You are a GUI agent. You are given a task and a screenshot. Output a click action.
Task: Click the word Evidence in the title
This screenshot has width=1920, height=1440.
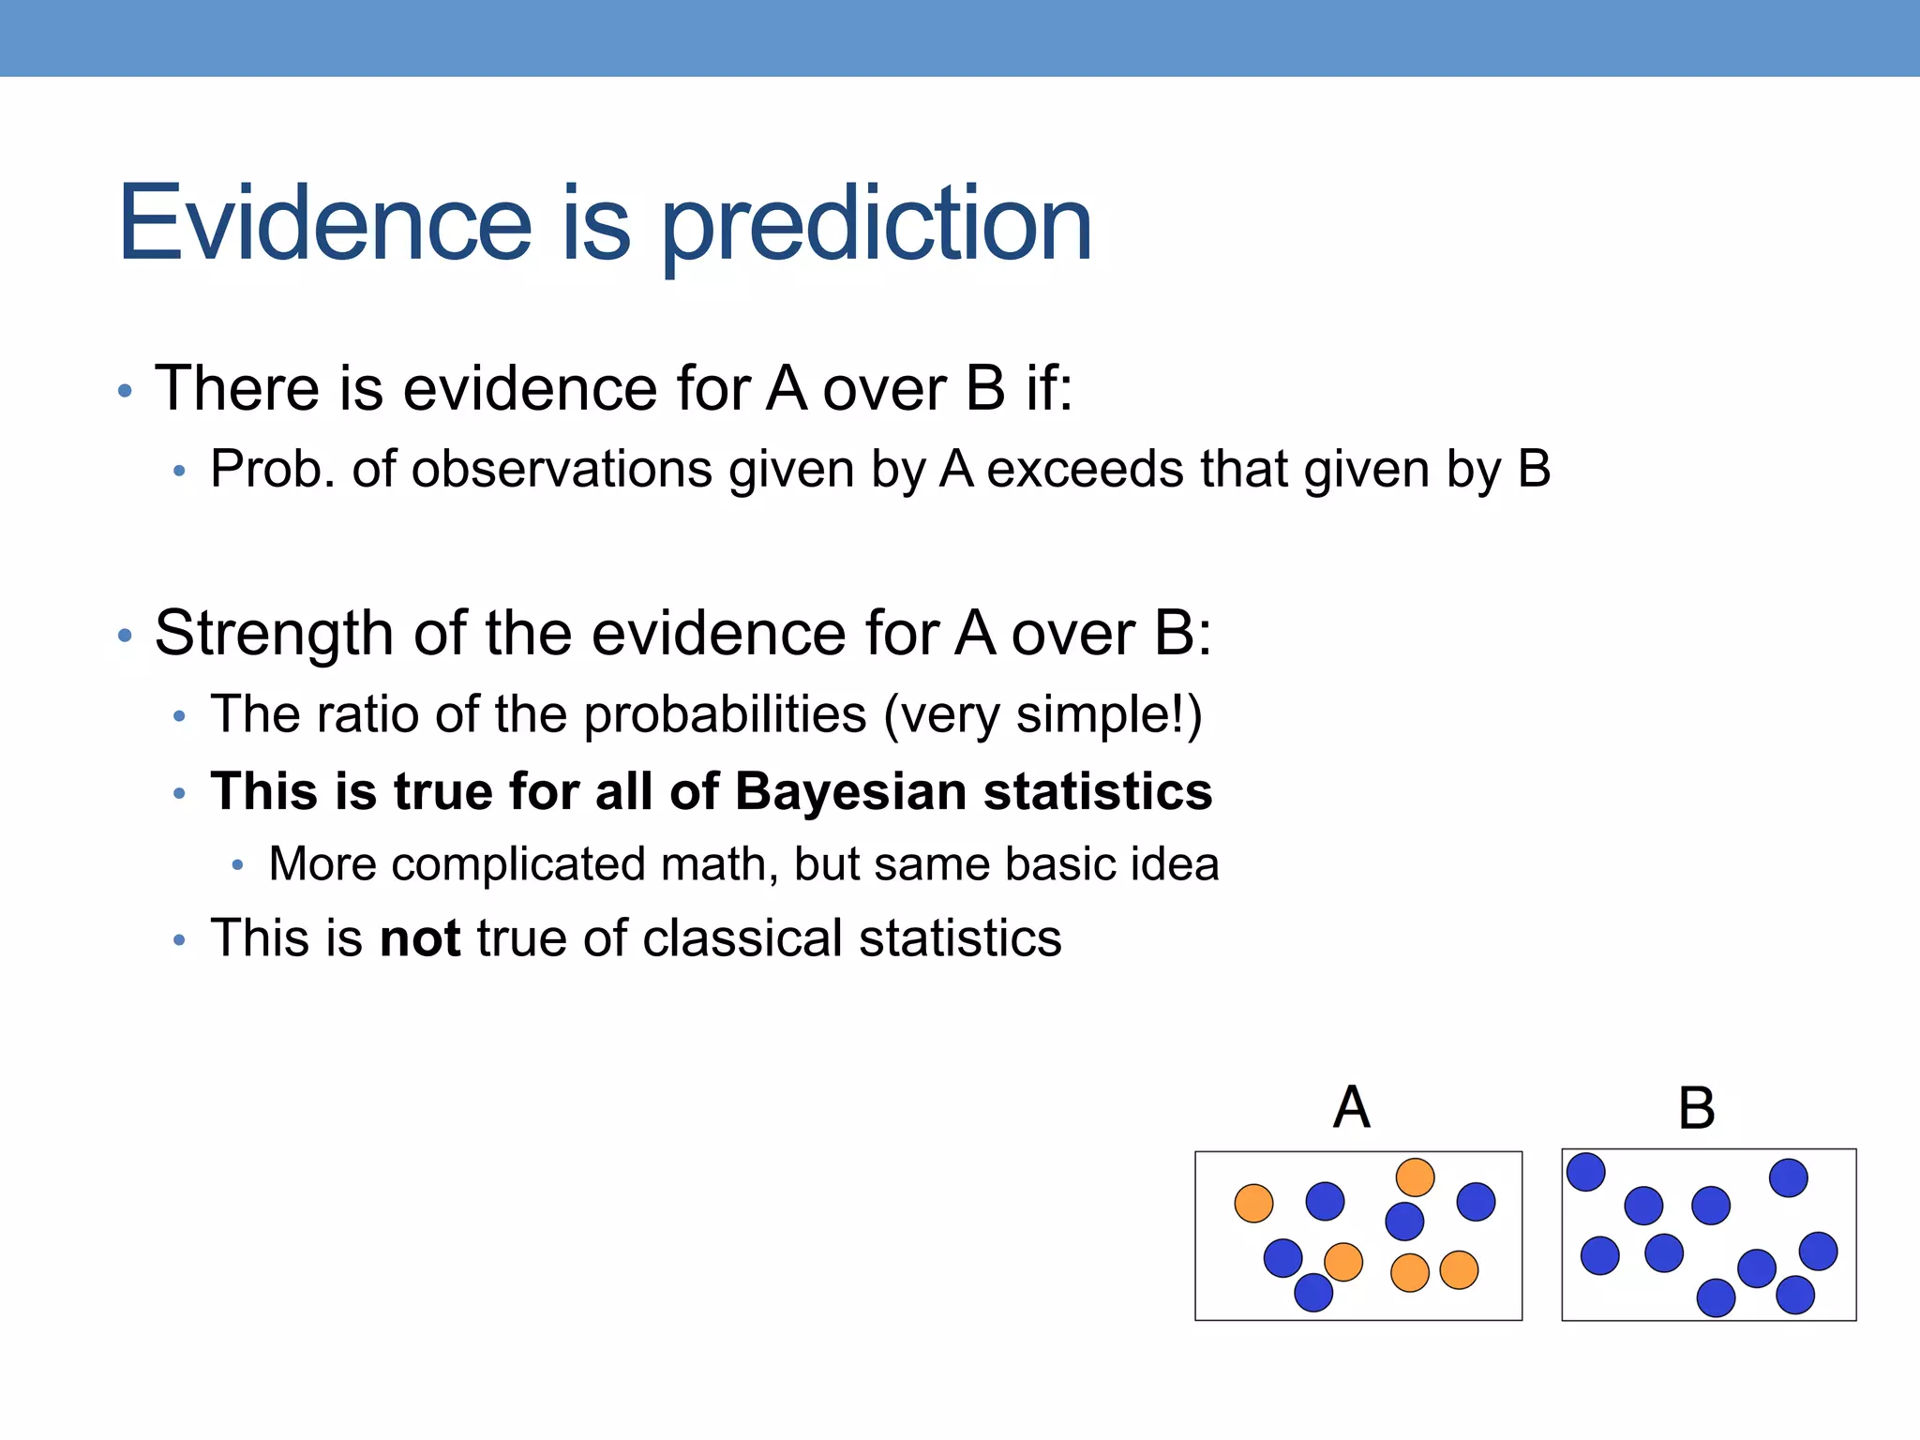pyautogui.click(x=324, y=223)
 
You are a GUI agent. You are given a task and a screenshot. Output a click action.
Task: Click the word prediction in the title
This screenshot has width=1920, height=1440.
pyautogui.click(x=877, y=225)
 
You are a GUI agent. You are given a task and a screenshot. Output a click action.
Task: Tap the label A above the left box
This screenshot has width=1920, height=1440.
pyautogui.click(x=1351, y=1107)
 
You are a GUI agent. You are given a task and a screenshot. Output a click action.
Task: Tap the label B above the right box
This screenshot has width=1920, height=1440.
pyautogui.click(x=1696, y=1108)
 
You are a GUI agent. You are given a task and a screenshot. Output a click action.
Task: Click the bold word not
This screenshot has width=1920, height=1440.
pyautogui.click(x=420, y=938)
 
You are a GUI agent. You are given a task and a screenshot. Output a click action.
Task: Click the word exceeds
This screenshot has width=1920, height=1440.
pyautogui.click(x=1085, y=469)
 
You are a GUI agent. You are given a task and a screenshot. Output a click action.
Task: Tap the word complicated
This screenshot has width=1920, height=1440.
pyautogui.click(x=517, y=864)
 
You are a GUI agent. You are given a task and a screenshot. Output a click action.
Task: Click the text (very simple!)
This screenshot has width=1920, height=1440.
pyautogui.click(x=1042, y=715)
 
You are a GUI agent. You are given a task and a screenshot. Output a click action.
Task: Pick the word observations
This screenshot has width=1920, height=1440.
pyautogui.click(x=562, y=469)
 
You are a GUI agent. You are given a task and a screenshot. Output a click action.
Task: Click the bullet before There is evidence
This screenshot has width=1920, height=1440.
pyautogui.click(x=125, y=390)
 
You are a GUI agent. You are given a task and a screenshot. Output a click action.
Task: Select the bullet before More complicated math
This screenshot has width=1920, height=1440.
pyautogui.click(x=238, y=865)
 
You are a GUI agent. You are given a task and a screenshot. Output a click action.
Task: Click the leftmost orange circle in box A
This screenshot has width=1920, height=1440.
pyautogui.click(x=1253, y=1203)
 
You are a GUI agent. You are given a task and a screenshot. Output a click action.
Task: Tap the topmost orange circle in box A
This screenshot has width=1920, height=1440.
pyautogui.click(x=1415, y=1177)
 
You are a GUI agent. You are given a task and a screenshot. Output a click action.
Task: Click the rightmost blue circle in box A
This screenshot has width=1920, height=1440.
pyautogui.click(x=1476, y=1202)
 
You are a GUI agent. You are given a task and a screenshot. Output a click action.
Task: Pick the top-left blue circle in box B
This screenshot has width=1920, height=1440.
pyautogui.click(x=1585, y=1172)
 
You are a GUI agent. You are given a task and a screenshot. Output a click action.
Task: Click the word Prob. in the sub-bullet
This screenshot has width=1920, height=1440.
pyautogui.click(x=272, y=469)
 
